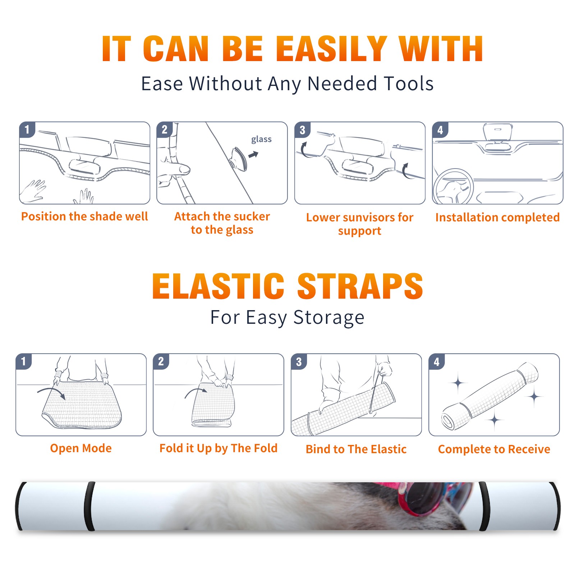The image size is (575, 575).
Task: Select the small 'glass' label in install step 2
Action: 261,139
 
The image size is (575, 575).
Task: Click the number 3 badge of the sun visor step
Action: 302,130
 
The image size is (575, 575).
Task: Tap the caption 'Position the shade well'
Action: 84,216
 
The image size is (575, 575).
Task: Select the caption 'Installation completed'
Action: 497,217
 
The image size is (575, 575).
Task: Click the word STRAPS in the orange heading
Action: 360,286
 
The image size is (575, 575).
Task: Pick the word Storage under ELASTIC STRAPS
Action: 329,317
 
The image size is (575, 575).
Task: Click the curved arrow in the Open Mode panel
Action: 51,392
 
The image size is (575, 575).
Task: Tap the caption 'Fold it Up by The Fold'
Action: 218,448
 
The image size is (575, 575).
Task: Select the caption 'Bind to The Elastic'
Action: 356,449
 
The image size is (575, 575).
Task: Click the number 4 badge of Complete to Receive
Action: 436,362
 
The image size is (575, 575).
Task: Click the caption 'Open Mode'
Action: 81,448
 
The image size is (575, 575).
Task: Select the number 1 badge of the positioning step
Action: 27,129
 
